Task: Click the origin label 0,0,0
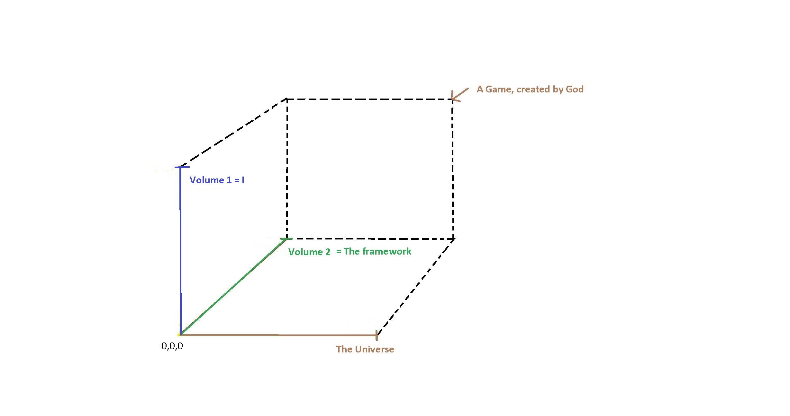point(172,346)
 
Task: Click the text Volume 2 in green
point(309,252)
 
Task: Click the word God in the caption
point(575,89)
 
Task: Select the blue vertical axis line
point(180,251)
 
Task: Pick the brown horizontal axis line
point(278,335)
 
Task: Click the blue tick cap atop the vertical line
point(182,167)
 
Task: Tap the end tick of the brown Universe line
point(377,335)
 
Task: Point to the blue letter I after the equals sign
point(243,180)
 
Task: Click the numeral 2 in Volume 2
point(328,252)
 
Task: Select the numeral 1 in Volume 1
point(229,180)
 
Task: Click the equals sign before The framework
point(339,252)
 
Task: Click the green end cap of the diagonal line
point(286,239)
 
